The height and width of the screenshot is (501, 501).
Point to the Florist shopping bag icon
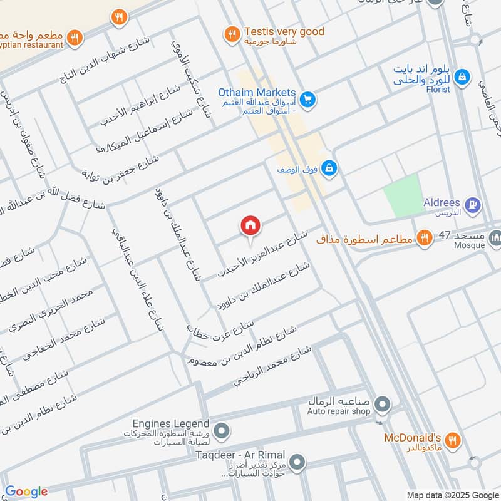pos(462,76)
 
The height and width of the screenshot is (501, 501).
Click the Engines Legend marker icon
pos(220,430)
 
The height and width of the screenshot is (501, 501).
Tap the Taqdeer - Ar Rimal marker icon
pos(297,463)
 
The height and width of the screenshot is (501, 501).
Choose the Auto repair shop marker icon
pos(383,404)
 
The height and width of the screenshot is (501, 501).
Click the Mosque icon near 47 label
pos(495,237)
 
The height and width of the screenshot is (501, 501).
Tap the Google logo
pos(26,492)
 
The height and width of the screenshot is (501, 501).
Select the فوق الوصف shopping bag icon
pos(330,168)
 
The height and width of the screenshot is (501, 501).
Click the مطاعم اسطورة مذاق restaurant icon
pos(425,237)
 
